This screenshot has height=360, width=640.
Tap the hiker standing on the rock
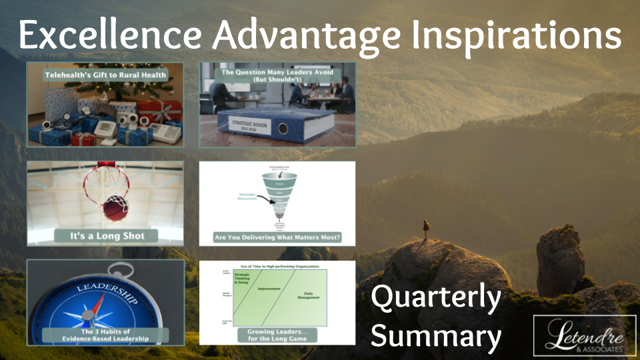coord(425,229)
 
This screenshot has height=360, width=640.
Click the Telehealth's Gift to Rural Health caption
coord(105,75)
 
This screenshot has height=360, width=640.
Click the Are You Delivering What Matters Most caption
coord(277,237)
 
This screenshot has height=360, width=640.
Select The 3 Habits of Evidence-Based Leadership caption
coord(105,335)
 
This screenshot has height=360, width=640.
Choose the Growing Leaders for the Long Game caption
coord(277,335)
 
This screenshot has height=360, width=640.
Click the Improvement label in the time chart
coord(265,289)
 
